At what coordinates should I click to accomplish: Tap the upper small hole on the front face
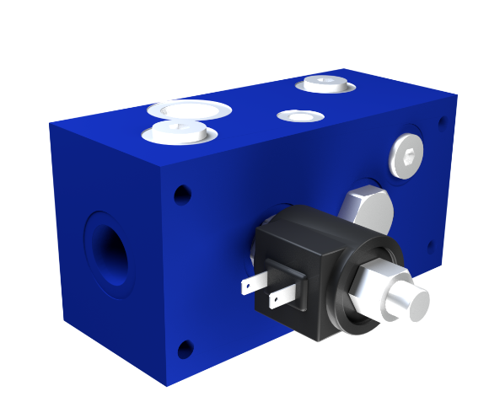pos(183,195)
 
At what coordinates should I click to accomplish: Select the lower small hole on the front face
pos(185,347)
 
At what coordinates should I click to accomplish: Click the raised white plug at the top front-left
pos(176,131)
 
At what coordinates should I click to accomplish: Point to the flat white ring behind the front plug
pos(188,110)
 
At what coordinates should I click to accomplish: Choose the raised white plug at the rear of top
pos(325,83)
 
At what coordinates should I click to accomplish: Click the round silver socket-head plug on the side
pos(406,157)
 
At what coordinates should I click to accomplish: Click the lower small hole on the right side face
pos(432,248)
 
